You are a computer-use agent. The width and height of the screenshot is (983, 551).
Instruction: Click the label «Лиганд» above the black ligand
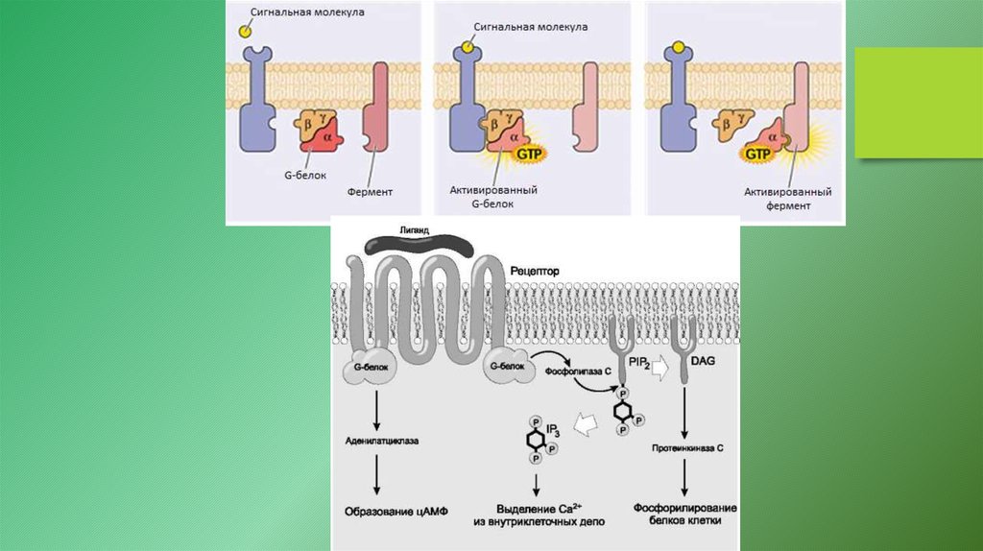[x=410, y=232]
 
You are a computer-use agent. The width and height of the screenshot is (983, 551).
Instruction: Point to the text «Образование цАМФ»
[x=384, y=510]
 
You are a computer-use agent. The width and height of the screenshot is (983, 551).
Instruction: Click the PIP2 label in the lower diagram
[x=641, y=360]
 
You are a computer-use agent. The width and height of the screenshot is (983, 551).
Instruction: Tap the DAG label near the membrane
[x=704, y=360]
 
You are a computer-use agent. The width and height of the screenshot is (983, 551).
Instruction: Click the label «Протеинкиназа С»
[x=684, y=447]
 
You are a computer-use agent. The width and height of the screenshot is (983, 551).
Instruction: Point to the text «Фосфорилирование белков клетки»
[x=684, y=514]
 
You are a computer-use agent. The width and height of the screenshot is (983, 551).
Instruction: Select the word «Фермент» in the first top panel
[x=372, y=192]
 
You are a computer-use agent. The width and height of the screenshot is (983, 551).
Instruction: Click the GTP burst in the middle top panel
[x=530, y=153]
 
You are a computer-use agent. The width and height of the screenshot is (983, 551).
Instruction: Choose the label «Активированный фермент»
[x=788, y=198]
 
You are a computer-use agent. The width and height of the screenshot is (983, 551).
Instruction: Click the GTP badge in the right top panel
[x=758, y=153]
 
